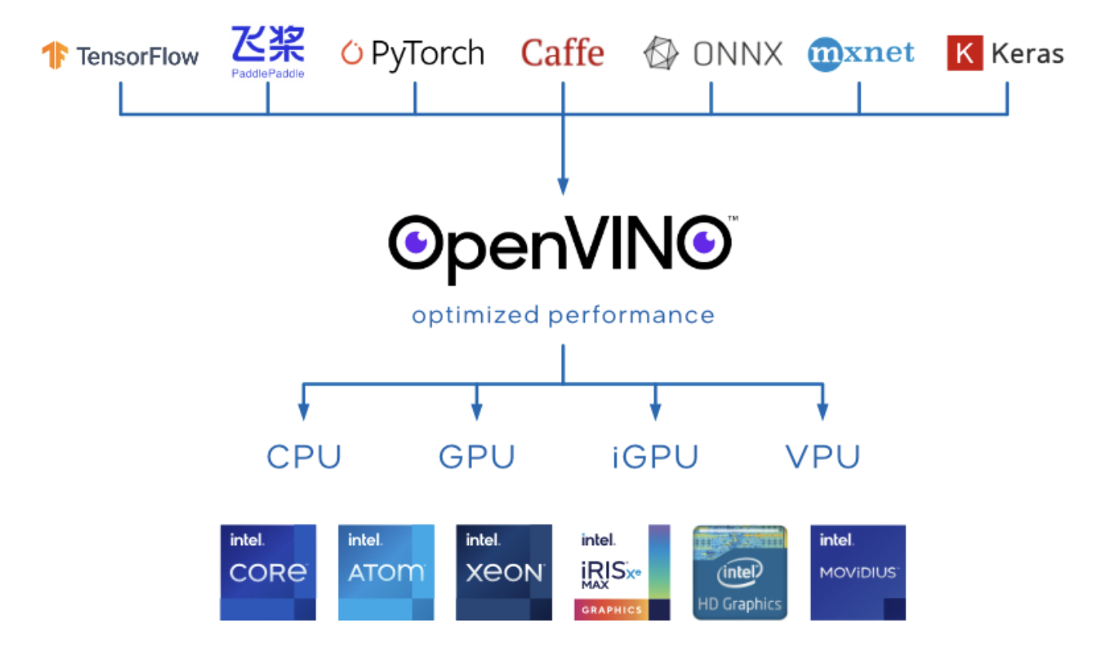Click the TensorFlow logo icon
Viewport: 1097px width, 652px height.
pyautogui.click(x=55, y=55)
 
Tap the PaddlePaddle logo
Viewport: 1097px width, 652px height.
pyautogui.click(x=268, y=51)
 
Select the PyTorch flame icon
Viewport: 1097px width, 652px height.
pyautogui.click(x=352, y=53)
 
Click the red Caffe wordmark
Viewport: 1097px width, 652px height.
pyautogui.click(x=562, y=53)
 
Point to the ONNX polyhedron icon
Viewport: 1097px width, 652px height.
pyautogui.click(x=660, y=54)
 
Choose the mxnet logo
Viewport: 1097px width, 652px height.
pyautogui.click(x=861, y=53)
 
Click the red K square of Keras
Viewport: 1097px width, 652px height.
pyautogui.click(x=964, y=53)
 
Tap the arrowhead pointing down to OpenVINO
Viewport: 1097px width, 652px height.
pyautogui.click(x=563, y=187)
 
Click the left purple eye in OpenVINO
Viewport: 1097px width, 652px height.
pyautogui.click(x=416, y=242)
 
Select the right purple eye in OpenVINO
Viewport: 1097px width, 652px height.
pyautogui.click(x=704, y=242)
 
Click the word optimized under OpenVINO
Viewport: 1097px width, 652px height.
pyautogui.click(x=475, y=315)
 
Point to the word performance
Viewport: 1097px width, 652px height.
pyautogui.click(x=631, y=315)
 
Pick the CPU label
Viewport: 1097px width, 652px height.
pyautogui.click(x=304, y=457)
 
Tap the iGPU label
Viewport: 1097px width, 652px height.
pyautogui.click(x=655, y=457)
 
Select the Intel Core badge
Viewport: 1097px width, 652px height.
pyautogui.click(x=268, y=572)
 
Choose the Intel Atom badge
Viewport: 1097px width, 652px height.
pyautogui.click(x=386, y=572)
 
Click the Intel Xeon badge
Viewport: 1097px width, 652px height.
pyautogui.click(x=504, y=572)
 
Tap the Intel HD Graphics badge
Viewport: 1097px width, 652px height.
pyautogui.click(x=740, y=572)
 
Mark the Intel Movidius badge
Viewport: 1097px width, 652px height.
pyautogui.click(x=858, y=572)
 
